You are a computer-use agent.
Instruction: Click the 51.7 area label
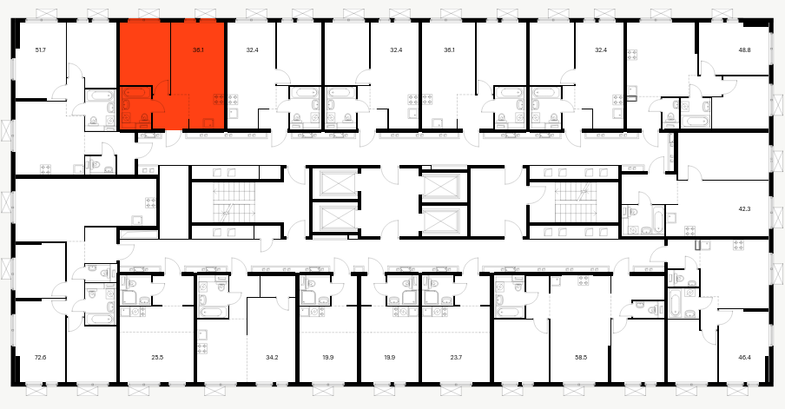click(x=40, y=50)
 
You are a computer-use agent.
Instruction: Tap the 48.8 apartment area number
click(x=745, y=50)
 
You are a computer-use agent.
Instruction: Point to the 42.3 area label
click(x=744, y=209)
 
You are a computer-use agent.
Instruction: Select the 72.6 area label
click(x=40, y=358)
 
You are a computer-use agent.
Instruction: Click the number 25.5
click(x=157, y=358)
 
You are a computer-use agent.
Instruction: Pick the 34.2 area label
click(x=272, y=358)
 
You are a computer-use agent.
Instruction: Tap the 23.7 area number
click(x=456, y=358)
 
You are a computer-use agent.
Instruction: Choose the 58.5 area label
click(x=581, y=358)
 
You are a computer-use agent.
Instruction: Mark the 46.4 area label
click(x=744, y=358)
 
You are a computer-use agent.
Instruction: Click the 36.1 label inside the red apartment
click(x=198, y=50)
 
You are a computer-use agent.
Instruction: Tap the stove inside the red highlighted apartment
click(x=218, y=98)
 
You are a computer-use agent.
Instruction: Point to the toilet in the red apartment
click(x=145, y=118)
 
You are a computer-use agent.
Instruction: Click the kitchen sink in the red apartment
click(x=208, y=122)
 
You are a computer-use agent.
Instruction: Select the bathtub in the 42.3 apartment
click(x=656, y=221)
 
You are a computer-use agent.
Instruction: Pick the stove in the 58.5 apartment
click(x=584, y=280)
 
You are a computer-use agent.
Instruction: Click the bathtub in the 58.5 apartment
click(x=509, y=312)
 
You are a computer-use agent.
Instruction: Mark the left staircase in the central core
click(x=234, y=201)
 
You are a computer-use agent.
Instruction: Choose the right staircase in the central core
click(x=575, y=201)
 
